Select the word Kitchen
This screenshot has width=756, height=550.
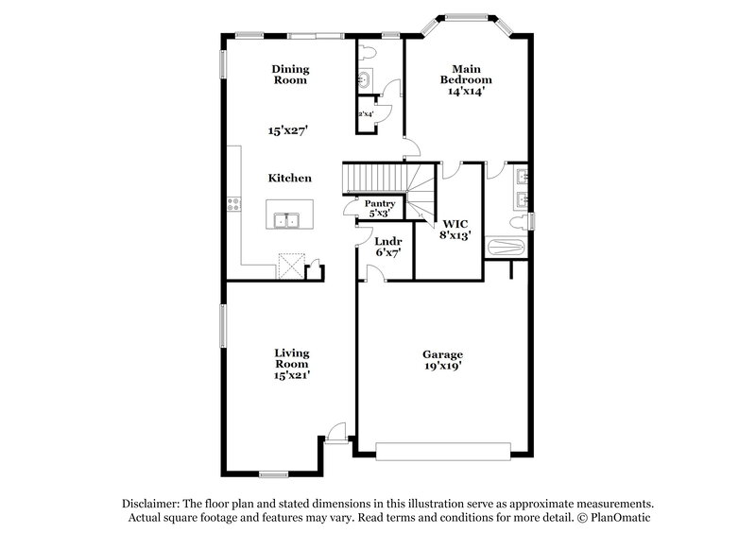coord(290,178)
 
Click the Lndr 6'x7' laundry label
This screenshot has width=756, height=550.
coord(387,248)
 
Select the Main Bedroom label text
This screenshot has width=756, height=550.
coord(466,80)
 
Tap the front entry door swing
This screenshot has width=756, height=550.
coord(336,432)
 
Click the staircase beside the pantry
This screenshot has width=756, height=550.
coord(378,176)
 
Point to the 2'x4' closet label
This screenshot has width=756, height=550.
coord(366,115)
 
